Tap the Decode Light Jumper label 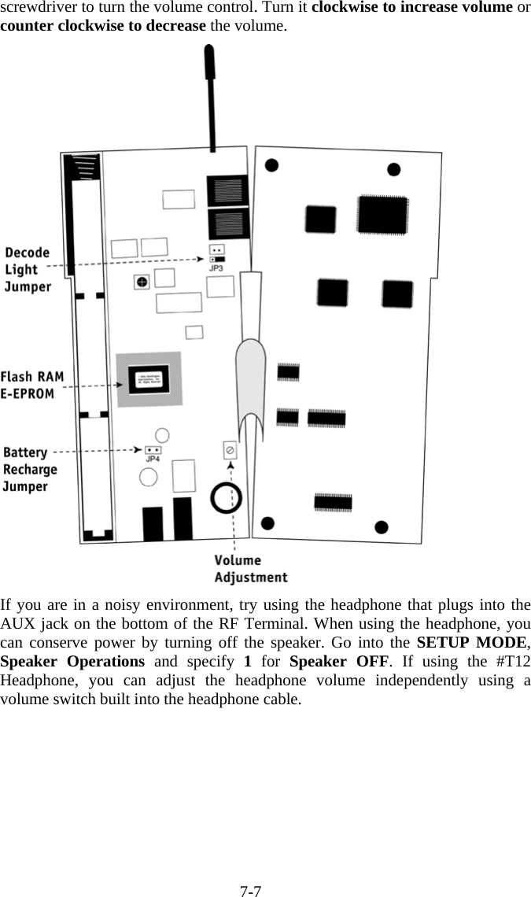(x=28, y=270)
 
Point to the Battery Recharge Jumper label (x=30, y=470)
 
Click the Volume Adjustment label (x=250, y=569)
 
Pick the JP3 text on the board (x=216, y=268)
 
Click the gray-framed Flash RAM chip (x=149, y=379)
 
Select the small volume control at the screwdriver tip (x=230, y=450)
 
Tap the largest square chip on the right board (x=382, y=213)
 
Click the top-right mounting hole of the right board (x=394, y=169)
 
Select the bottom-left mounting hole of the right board (x=268, y=522)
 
